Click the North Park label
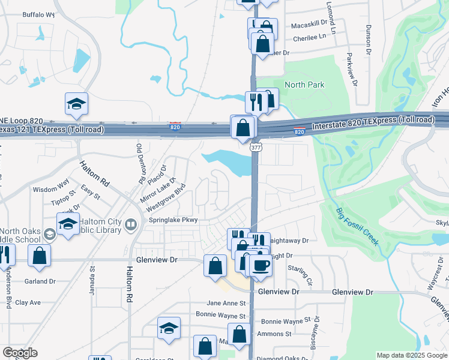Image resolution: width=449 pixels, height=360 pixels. tap(304, 85)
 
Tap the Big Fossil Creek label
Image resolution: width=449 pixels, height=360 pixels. tap(357, 226)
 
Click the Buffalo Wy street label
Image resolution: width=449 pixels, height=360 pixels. tap(38, 14)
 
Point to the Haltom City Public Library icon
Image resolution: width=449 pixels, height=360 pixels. tap(131, 224)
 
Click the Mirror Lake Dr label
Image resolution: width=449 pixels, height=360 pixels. tap(157, 189)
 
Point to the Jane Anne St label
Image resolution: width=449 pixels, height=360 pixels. tap(226, 304)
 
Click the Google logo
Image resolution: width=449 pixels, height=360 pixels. tap(20, 353)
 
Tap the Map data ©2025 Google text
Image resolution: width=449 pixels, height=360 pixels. tap(411, 355)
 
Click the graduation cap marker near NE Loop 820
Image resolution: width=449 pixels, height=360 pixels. tap(76, 104)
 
